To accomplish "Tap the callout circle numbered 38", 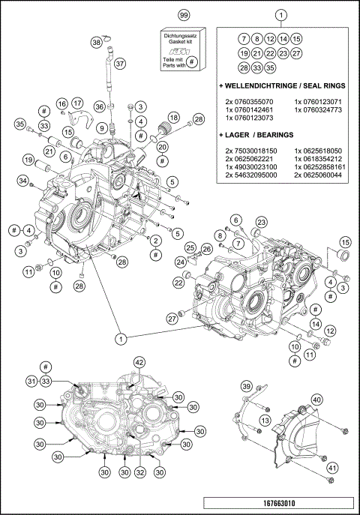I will (97, 43).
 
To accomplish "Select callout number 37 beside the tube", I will (120, 63).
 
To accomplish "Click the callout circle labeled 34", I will (24, 181).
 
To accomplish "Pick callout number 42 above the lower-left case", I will (139, 362).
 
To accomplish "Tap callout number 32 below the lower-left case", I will (139, 472).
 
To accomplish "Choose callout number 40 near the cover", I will (317, 400).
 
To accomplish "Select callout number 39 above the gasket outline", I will (245, 386).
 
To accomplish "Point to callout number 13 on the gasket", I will (265, 422).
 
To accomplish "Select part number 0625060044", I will (317, 175).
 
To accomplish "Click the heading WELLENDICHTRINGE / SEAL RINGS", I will (280, 86).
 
